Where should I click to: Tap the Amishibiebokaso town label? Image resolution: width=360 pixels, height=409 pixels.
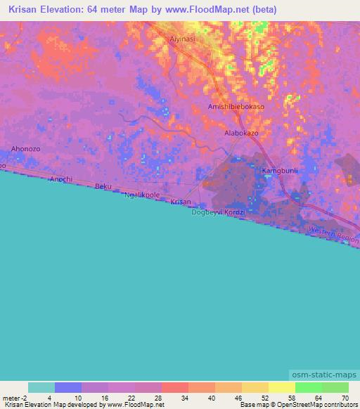tap(236, 107)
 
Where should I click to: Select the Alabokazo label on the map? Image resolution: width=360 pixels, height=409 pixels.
tap(242, 132)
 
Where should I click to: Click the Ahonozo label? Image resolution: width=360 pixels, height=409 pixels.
tap(26, 149)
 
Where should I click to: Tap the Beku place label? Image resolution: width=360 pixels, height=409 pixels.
tap(103, 187)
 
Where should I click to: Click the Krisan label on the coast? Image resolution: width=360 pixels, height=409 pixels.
tap(181, 202)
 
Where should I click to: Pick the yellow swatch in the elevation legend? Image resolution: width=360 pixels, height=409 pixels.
tap(281, 387)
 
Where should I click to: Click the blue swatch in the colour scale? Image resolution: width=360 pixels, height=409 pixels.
tap(67, 387)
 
